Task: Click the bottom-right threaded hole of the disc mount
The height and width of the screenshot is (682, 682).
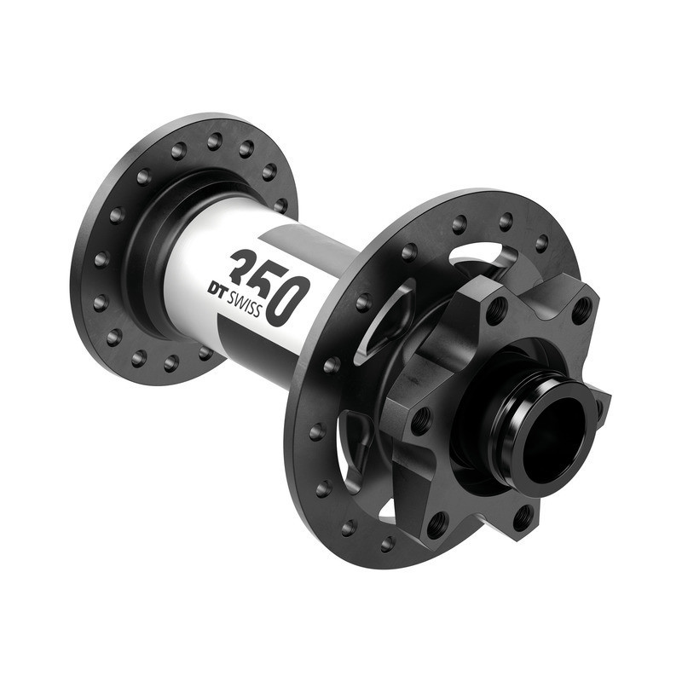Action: coord(523,515)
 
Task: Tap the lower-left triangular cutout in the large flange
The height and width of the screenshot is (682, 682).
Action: coord(354,443)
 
